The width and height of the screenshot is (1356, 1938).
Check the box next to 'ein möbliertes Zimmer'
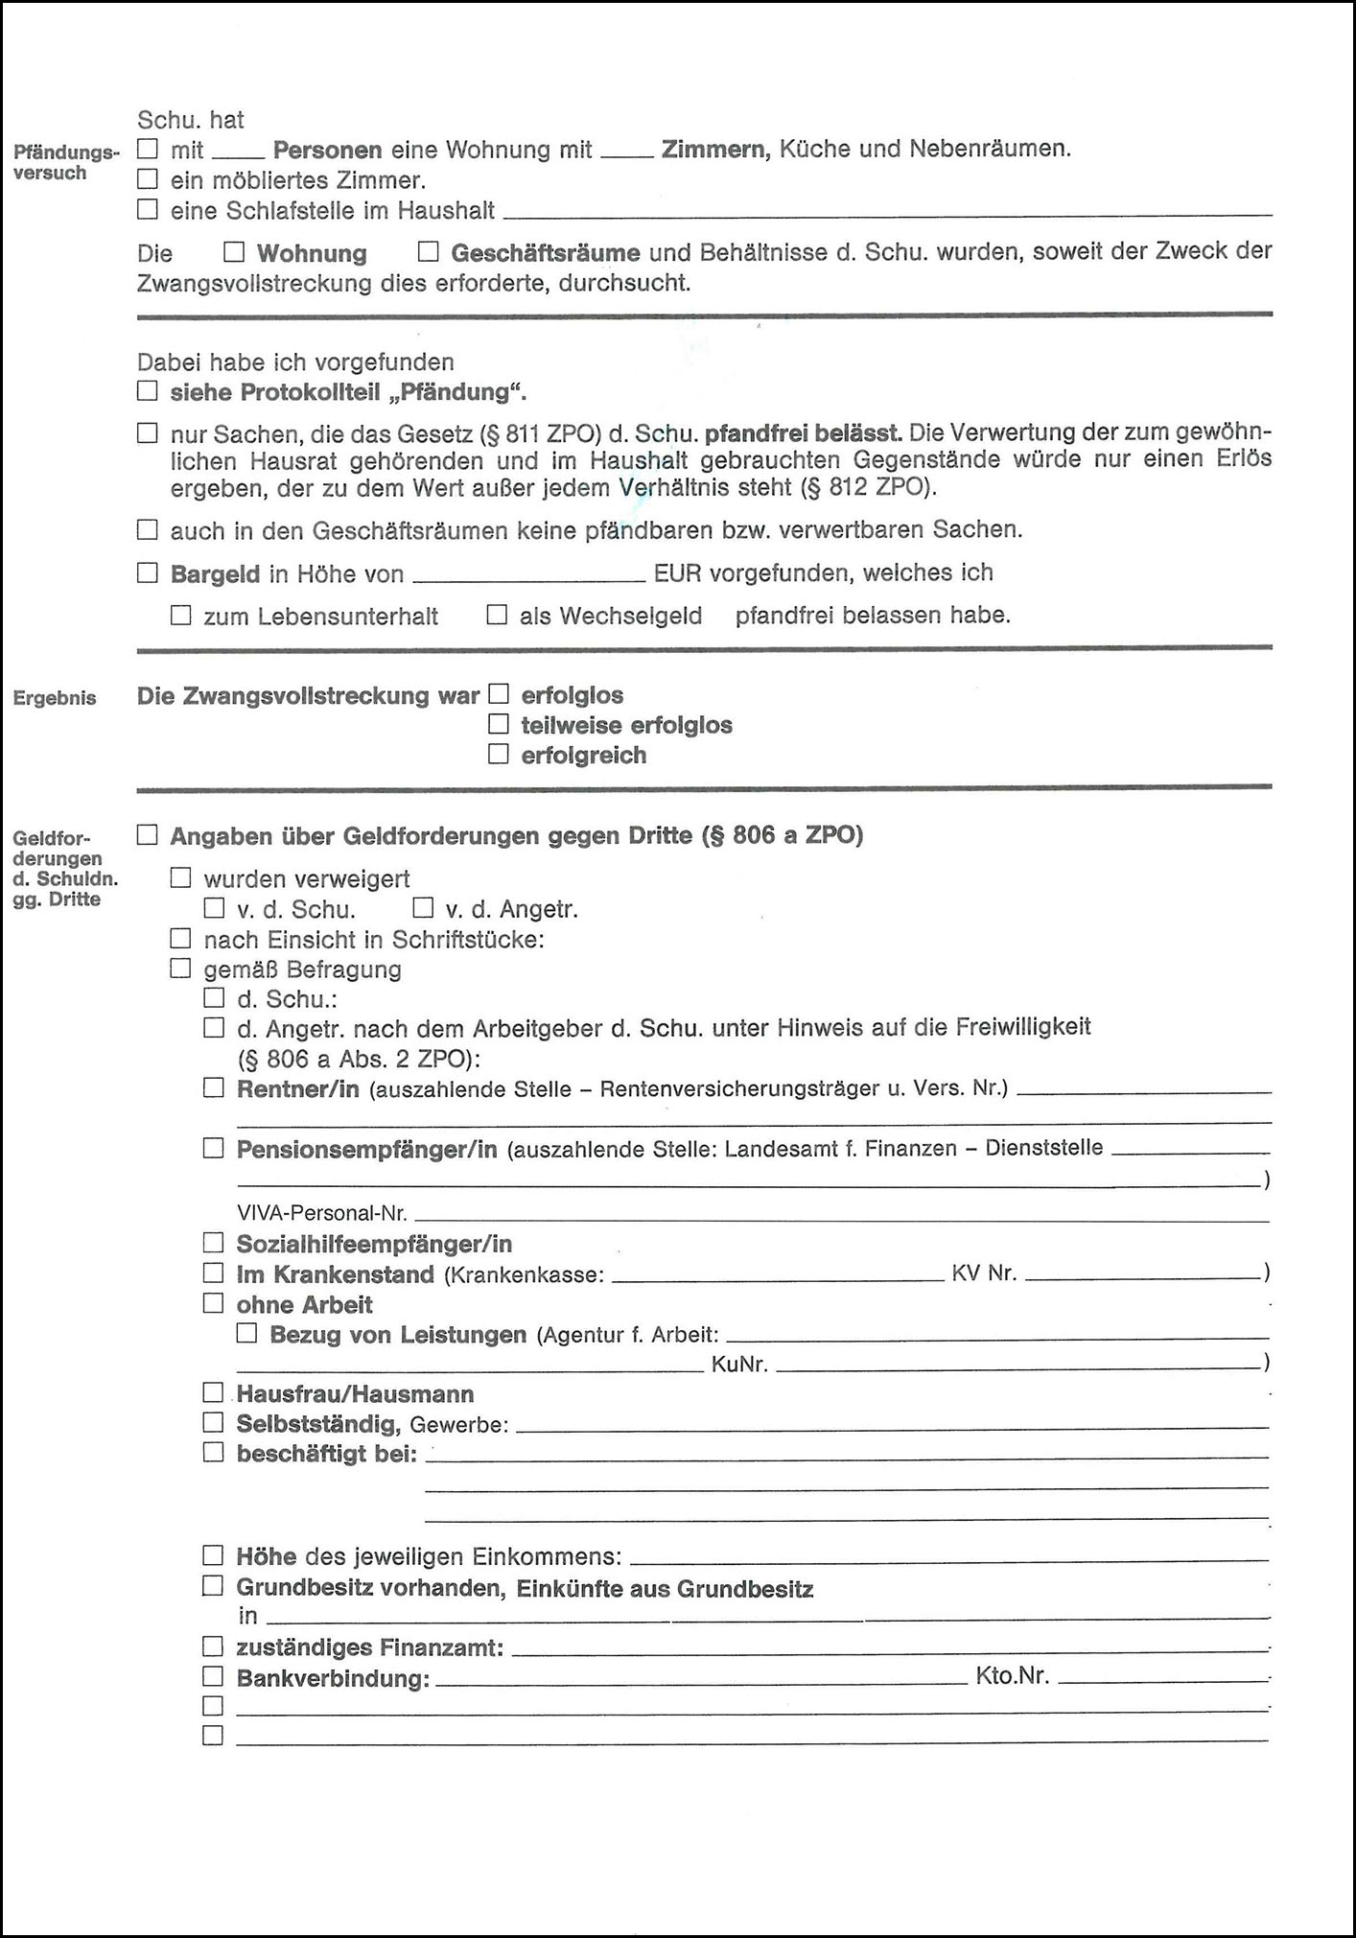click(x=147, y=179)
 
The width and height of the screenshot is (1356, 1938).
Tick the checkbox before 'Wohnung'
click(x=234, y=252)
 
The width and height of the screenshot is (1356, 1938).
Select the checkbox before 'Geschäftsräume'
click(x=428, y=252)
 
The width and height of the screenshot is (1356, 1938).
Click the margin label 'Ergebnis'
click(x=55, y=698)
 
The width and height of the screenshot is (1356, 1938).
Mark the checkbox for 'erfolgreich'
click(x=498, y=755)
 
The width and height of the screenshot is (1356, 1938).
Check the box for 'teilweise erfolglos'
click(x=498, y=724)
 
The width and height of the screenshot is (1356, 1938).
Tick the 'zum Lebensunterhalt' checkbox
click(x=180, y=615)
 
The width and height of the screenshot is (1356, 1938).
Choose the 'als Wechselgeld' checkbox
click(x=497, y=615)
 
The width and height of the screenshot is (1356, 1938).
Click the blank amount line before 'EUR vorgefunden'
click(x=527, y=575)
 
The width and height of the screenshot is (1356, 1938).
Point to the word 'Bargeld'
click(x=215, y=574)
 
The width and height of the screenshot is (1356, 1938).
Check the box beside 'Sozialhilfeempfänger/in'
click(x=213, y=1244)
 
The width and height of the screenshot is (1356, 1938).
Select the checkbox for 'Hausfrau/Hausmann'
click(x=213, y=1392)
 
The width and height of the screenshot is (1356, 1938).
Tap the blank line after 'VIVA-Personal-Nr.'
click(x=841, y=1215)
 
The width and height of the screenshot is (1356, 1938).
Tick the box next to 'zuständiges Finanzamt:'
click(x=213, y=1646)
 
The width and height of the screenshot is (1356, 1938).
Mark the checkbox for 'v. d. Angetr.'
click(x=423, y=908)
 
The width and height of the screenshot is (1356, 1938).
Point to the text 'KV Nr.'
click(x=984, y=1274)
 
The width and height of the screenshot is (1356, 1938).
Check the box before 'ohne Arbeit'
click(x=213, y=1303)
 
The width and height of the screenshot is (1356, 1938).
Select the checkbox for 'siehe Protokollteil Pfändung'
click(x=147, y=391)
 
